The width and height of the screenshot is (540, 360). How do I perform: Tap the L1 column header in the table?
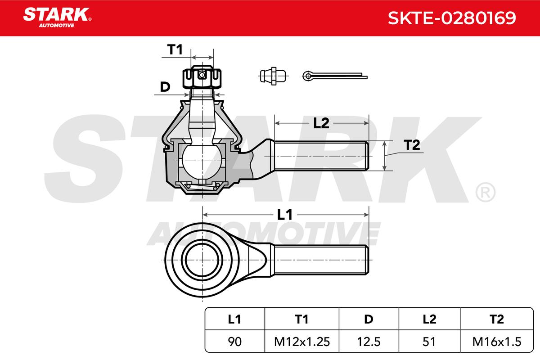point(234,319)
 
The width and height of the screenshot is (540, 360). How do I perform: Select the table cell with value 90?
point(234,342)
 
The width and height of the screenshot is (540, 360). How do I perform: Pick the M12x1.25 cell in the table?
point(301,342)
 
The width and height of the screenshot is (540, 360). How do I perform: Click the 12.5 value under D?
point(369,342)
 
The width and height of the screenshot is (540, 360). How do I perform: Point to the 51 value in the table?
point(430,342)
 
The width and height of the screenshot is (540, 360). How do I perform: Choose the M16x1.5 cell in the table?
point(496,342)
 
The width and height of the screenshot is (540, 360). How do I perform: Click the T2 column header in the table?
point(496,319)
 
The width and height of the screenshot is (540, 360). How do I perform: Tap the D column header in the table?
point(369,319)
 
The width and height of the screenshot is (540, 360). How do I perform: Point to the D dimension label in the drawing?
point(165,87)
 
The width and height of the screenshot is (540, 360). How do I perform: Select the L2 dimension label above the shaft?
point(321,123)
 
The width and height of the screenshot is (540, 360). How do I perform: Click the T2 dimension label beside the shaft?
point(411,145)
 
